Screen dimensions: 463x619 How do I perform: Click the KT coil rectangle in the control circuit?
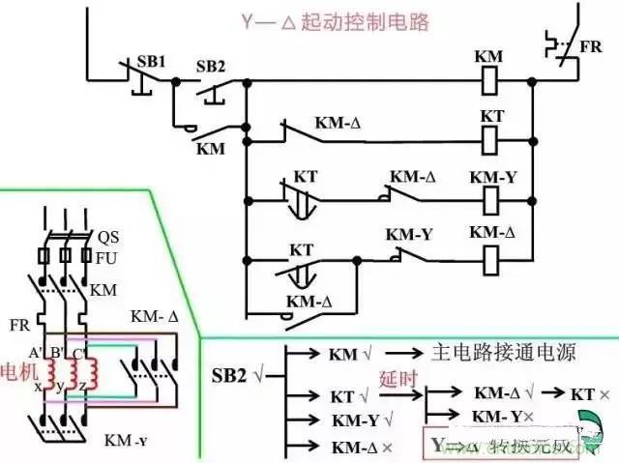click(x=491, y=141)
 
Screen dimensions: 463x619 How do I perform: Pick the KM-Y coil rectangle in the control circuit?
click(x=491, y=201)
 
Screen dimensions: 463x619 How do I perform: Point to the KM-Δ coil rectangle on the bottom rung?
click(x=491, y=258)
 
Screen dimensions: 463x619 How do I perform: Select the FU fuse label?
click(x=106, y=258)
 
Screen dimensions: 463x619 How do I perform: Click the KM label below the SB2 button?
click(x=210, y=149)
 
